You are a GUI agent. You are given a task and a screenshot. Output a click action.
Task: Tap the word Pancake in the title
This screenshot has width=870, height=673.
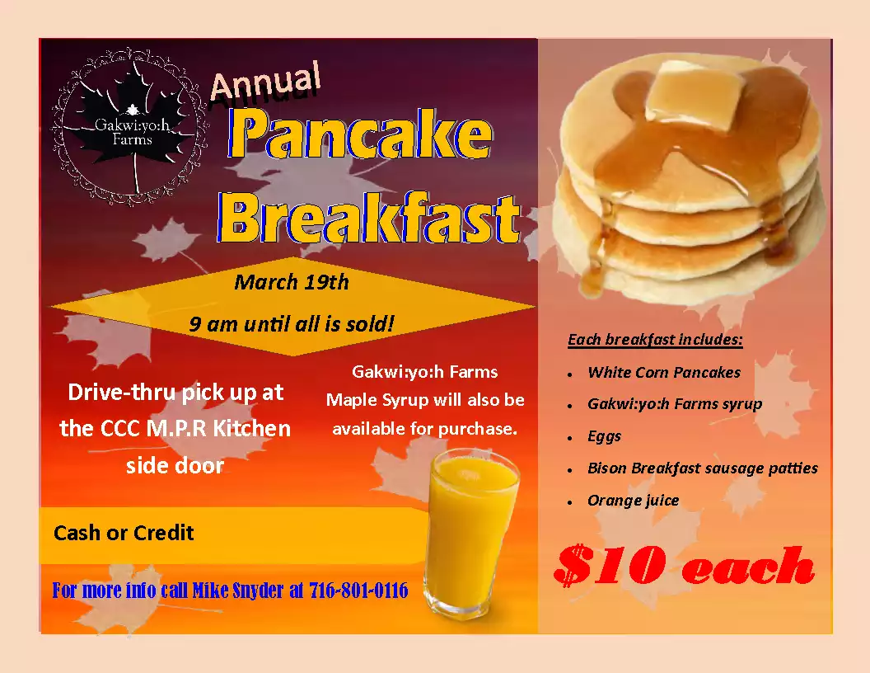[x=360, y=134]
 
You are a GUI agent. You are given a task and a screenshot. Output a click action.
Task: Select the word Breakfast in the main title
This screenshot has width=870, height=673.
[x=368, y=218]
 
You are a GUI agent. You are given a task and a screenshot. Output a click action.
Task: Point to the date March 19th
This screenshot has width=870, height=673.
[x=292, y=282]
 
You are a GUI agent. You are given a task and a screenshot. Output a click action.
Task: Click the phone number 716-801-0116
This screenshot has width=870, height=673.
[x=358, y=591]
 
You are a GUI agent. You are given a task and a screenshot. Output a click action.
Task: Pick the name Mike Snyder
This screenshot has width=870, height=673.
[x=238, y=591]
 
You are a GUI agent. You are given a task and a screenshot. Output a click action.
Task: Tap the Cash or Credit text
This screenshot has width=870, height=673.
[x=124, y=533]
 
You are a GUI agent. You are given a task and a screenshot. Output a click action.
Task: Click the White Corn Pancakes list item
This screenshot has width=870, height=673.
[x=664, y=372]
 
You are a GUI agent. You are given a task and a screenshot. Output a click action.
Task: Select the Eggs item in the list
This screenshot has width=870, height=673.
[x=604, y=437]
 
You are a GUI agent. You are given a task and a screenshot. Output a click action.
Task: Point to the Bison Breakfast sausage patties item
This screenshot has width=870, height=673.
[x=703, y=468]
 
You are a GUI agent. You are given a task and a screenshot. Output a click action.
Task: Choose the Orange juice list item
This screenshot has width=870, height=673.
[x=633, y=501]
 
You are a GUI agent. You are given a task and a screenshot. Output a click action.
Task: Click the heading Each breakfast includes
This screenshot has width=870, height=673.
[x=655, y=340]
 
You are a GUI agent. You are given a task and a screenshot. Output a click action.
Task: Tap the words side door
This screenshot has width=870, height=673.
[x=175, y=465]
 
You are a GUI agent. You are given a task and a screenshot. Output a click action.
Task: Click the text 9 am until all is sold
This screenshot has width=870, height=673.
[x=292, y=324]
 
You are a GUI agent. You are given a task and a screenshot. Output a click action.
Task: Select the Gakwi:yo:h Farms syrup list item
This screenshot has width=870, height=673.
[x=675, y=404]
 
